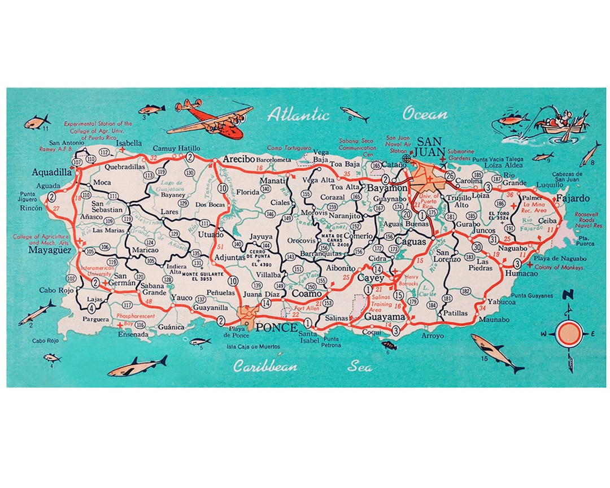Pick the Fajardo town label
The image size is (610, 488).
(x=572, y=198)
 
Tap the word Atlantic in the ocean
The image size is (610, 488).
(x=298, y=115)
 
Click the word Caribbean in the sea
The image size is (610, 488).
(x=265, y=367)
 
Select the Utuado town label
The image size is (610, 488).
(x=208, y=233)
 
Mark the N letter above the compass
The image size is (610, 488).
(x=568, y=294)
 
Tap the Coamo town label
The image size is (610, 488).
(x=307, y=294)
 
